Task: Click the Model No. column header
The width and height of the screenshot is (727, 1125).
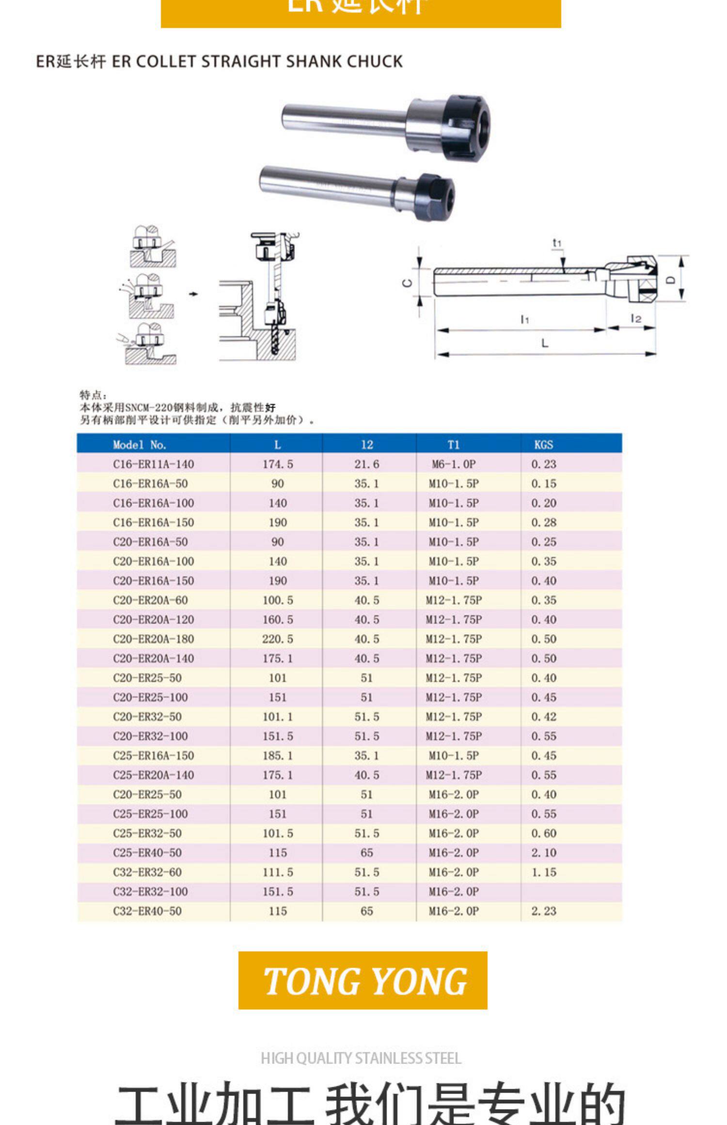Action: [139, 444]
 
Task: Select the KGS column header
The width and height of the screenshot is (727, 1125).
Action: [543, 444]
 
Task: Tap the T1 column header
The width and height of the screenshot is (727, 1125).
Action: [453, 444]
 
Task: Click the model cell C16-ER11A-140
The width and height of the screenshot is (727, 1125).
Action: [153, 464]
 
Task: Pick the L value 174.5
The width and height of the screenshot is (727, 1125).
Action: [278, 464]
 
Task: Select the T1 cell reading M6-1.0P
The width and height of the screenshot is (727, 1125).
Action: [454, 464]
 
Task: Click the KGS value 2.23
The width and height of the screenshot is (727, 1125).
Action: [543, 911]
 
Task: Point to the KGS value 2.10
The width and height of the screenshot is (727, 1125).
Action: [543, 853]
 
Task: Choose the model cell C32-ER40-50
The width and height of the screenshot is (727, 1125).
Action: [147, 911]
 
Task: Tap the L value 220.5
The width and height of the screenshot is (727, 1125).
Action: [278, 639]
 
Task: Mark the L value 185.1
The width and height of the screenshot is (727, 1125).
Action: [278, 755]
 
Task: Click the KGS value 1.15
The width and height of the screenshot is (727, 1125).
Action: [543, 872]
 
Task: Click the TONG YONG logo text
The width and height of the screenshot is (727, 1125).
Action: [364, 982]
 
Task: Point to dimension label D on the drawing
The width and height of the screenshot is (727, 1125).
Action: [670, 280]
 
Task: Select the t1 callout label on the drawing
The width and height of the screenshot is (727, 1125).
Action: [557, 243]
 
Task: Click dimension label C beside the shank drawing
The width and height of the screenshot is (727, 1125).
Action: [408, 283]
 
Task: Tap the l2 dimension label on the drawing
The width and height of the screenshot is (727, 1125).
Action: [635, 318]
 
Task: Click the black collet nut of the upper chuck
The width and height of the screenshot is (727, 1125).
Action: [466, 127]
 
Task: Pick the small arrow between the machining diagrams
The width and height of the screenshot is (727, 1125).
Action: [193, 294]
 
